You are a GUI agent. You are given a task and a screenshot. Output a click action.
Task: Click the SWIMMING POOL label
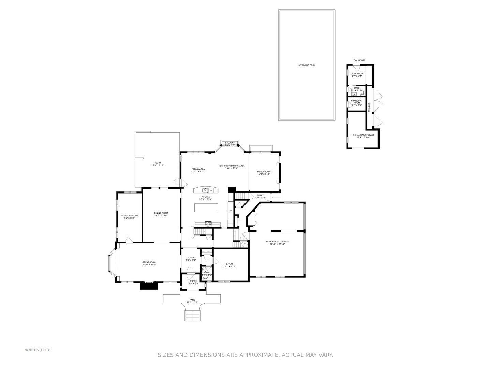click(x=307, y=65)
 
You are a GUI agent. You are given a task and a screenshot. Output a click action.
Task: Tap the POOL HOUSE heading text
click(x=359, y=60)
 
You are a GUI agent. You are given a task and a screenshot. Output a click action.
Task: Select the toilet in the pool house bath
click(x=362, y=93)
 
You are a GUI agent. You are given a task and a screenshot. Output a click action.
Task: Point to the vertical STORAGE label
click(x=369, y=107)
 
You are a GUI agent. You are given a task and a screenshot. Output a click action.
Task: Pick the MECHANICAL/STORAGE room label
click(x=363, y=135)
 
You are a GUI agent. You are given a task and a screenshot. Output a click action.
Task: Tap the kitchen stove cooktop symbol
click(x=208, y=223)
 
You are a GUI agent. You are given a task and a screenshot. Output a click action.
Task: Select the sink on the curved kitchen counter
click(x=206, y=190)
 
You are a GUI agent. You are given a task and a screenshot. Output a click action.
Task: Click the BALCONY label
click(x=229, y=143)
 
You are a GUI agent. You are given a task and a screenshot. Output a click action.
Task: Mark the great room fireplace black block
click(x=149, y=286)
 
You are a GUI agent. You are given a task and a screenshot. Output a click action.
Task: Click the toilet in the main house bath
click(x=205, y=278)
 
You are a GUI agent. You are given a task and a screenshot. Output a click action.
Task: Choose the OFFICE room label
click(x=229, y=264)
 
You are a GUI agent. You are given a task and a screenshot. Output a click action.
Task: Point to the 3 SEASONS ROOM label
click(x=129, y=215)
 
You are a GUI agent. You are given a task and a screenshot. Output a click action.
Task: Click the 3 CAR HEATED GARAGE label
click(x=277, y=241)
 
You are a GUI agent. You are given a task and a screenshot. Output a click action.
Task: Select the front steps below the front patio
click(x=192, y=316)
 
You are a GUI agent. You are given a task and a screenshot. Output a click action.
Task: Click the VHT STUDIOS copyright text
click(x=38, y=350)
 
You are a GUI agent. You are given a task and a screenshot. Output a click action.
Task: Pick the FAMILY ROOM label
click(x=264, y=172)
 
